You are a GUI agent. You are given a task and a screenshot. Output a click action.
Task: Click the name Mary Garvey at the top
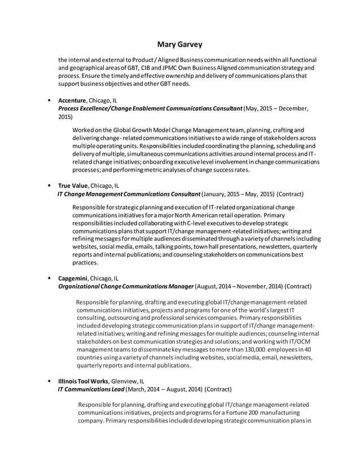tap(179, 44)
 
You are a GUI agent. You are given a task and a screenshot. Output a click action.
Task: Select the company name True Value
tap(73, 185)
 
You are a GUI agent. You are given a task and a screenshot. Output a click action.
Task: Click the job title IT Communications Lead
tap(90, 389)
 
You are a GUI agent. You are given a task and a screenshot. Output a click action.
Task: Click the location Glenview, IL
tap(128, 381)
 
